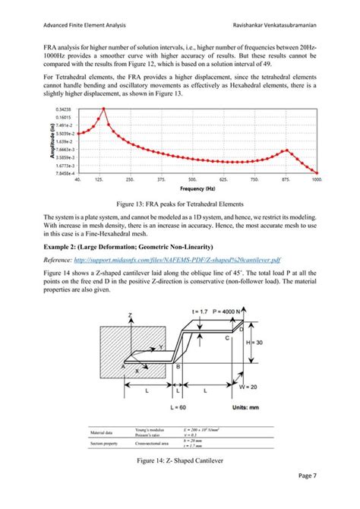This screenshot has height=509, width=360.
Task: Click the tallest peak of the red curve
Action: tap(104, 110)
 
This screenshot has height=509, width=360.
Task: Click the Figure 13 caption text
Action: tap(179, 204)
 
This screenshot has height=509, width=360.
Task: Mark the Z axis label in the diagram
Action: tap(130, 335)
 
